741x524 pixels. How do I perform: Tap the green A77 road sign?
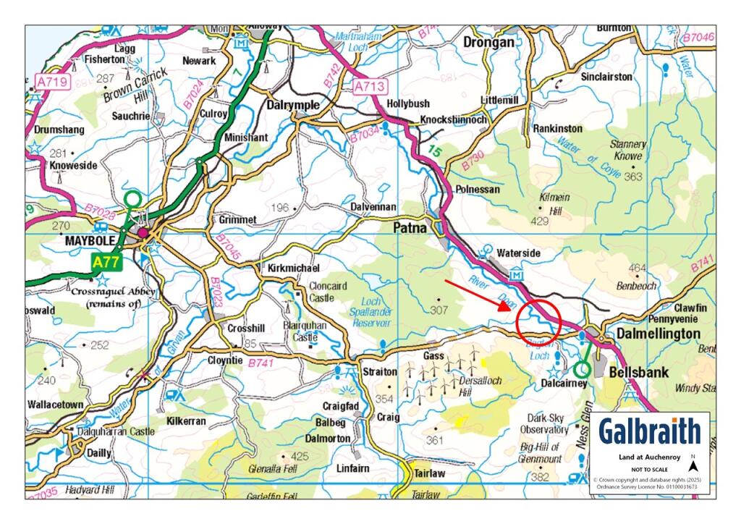click(107, 261)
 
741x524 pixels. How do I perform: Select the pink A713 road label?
click(368, 87)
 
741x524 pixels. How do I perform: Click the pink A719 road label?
click(52, 81)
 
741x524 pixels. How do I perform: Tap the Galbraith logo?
click(650, 431)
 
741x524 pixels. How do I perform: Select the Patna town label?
click(411, 227)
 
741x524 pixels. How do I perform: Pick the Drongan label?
click(488, 42)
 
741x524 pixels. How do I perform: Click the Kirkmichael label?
click(289, 268)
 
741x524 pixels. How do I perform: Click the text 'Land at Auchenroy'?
click(649, 457)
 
